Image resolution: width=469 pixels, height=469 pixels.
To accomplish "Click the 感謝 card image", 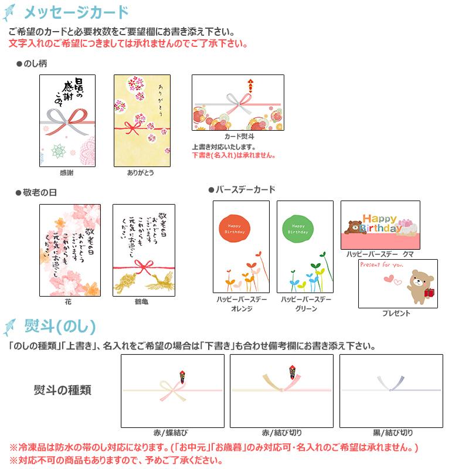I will tap(67, 121).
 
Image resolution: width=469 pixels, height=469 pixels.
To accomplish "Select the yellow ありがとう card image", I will tap(141, 121).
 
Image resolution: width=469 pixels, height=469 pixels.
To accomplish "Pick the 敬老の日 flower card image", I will tap(67, 250).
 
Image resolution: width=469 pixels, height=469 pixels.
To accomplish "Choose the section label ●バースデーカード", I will tap(242, 190).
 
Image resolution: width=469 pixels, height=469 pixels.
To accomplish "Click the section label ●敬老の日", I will tap(36, 192).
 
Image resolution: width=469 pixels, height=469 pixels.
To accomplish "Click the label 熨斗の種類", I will tap(62, 390).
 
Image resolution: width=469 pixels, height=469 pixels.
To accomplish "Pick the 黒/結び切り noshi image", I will tap(391, 391).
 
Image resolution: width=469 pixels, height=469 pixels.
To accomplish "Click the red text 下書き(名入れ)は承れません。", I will tap(234, 155).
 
